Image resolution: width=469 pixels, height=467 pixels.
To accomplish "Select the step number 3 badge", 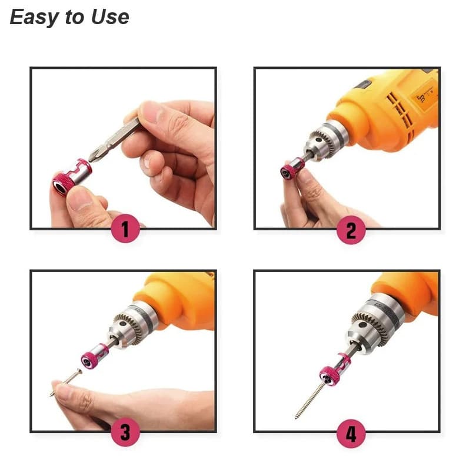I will (125, 432).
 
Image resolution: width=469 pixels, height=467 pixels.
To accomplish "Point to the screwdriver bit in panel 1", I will (115, 140).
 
